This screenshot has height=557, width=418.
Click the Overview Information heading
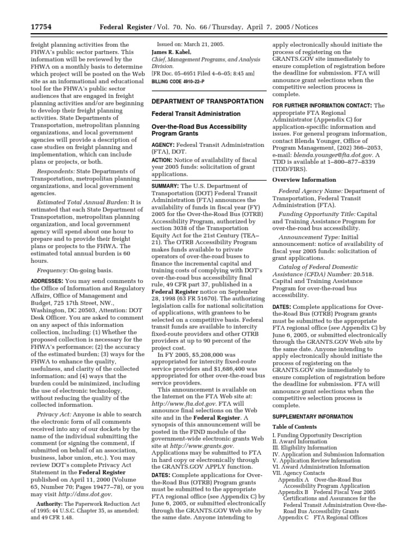coord(304,180)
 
